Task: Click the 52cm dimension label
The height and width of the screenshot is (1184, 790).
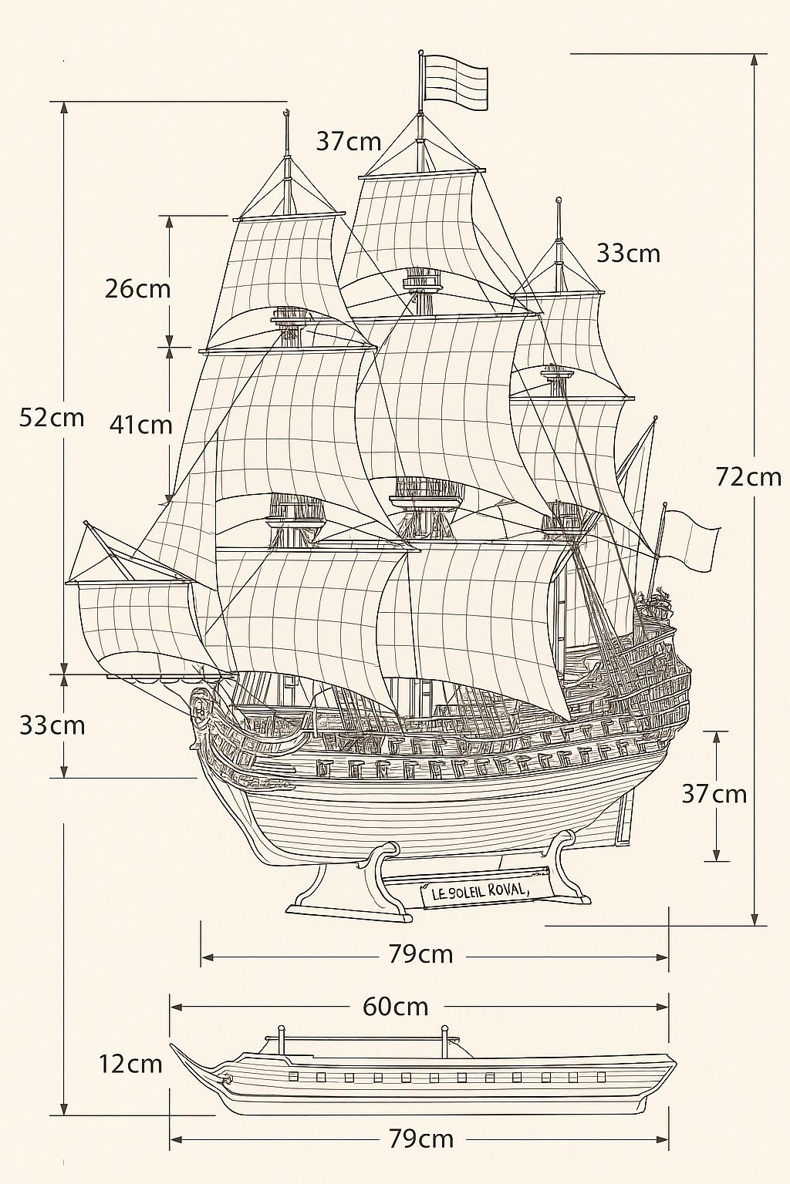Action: (52, 418)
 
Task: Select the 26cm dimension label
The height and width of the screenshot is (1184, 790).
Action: (137, 289)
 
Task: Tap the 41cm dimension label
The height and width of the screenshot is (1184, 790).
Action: (140, 425)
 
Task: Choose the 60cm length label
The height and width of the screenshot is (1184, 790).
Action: (395, 1007)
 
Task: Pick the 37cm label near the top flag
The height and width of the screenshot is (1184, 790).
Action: (349, 142)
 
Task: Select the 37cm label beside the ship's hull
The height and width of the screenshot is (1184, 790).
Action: (714, 794)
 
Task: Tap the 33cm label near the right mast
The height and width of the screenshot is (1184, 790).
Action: (629, 254)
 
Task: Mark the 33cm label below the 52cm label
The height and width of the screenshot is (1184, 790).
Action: (52, 725)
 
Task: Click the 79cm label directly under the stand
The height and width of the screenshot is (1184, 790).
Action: (421, 954)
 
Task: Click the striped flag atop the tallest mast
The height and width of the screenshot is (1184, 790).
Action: (456, 82)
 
